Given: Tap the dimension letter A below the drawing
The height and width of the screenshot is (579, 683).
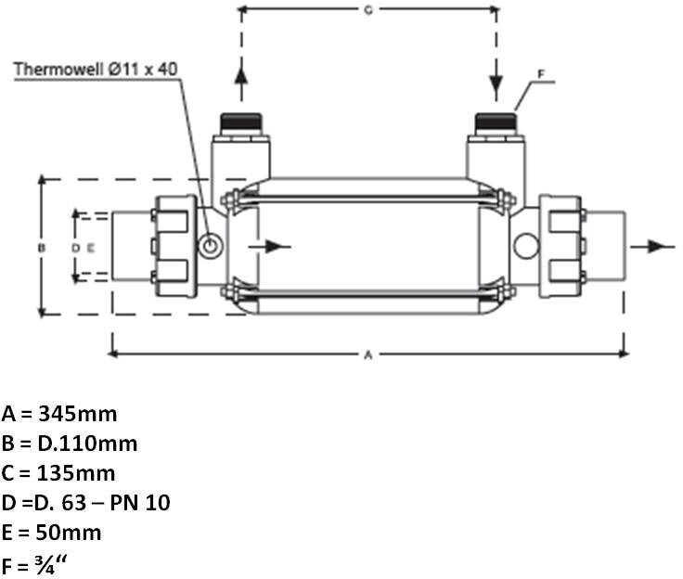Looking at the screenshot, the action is tap(367, 354).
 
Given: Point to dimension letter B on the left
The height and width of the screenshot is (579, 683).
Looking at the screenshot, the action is tap(41, 248).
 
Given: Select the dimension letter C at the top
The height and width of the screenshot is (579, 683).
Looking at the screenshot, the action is tap(367, 10).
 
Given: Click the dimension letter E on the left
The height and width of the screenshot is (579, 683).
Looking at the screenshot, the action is tap(90, 248).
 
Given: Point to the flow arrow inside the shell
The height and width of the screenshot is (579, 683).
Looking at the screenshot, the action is tap(275, 246).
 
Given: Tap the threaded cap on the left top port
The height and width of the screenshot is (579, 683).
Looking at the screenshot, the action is tap(240, 122).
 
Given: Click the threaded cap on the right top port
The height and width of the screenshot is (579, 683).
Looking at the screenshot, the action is tap(495, 122).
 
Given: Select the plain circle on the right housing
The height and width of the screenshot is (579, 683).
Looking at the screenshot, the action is tap(526, 245).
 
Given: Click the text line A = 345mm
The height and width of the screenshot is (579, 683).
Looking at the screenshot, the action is tap(59, 414).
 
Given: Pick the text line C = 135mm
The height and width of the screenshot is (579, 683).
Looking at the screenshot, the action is tap(58, 473).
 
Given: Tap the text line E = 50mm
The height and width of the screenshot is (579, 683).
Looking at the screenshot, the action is tap(52, 533).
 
